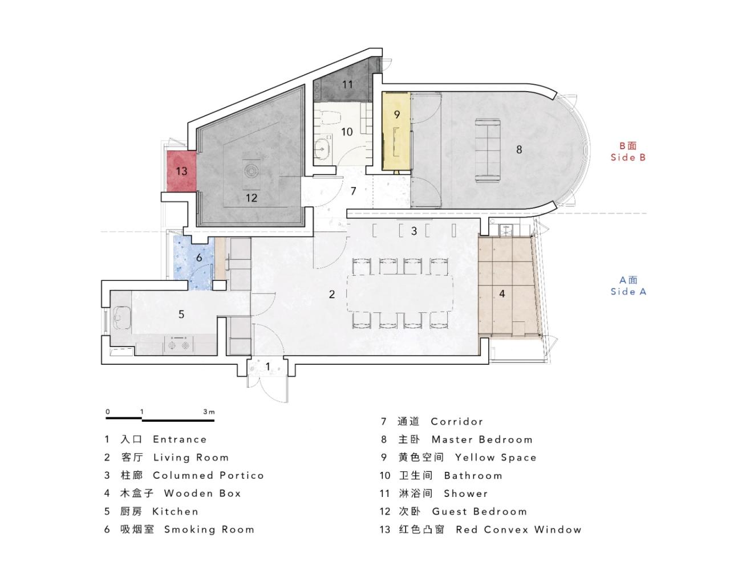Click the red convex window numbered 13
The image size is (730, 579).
181,171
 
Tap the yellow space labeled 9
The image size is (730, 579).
397,131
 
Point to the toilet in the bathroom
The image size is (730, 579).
328,117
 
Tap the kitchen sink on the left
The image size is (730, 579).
121,317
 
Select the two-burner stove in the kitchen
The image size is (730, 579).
180,345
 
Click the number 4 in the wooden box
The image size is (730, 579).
502,294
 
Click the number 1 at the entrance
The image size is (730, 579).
268,366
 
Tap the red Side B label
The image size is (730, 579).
628,152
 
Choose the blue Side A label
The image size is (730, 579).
628,286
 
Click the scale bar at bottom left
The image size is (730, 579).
160,419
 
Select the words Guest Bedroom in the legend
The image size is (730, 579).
479,511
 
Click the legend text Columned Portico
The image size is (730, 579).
208,475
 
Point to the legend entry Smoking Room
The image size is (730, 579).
209,529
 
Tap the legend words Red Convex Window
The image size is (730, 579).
518,529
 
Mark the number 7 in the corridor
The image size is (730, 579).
353,191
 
